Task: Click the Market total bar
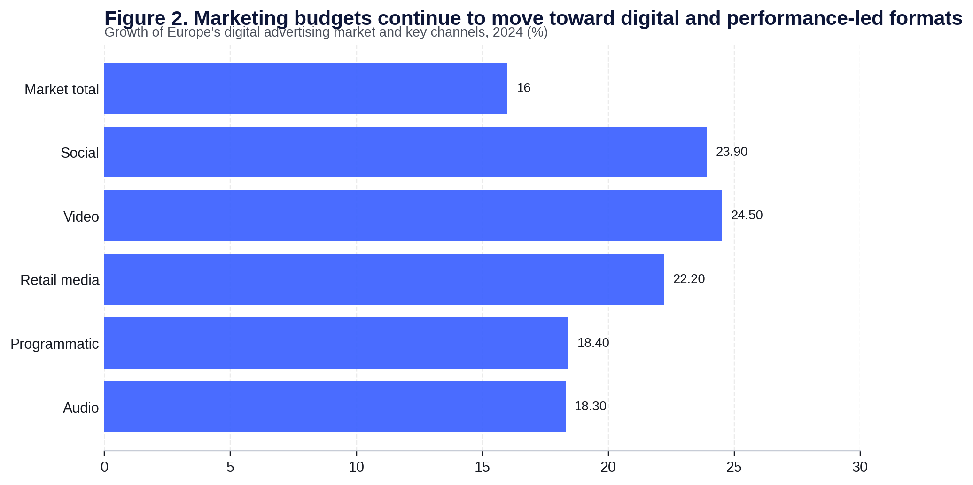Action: point(305,88)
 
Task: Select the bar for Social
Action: point(405,152)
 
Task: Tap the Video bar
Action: point(413,216)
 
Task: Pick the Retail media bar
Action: point(384,279)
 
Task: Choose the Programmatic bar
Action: point(336,343)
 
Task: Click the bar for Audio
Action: point(335,407)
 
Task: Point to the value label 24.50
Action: point(747,216)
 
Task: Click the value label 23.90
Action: point(732,152)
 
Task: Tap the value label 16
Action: point(523,88)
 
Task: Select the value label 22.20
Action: point(689,279)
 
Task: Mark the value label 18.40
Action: point(593,343)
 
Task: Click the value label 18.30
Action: point(590,407)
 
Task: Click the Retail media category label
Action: point(60,281)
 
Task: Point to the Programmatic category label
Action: point(54,344)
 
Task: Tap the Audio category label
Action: point(81,408)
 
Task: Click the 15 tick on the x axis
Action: point(482,468)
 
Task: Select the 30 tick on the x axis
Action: point(860,468)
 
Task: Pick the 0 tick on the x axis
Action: point(104,468)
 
